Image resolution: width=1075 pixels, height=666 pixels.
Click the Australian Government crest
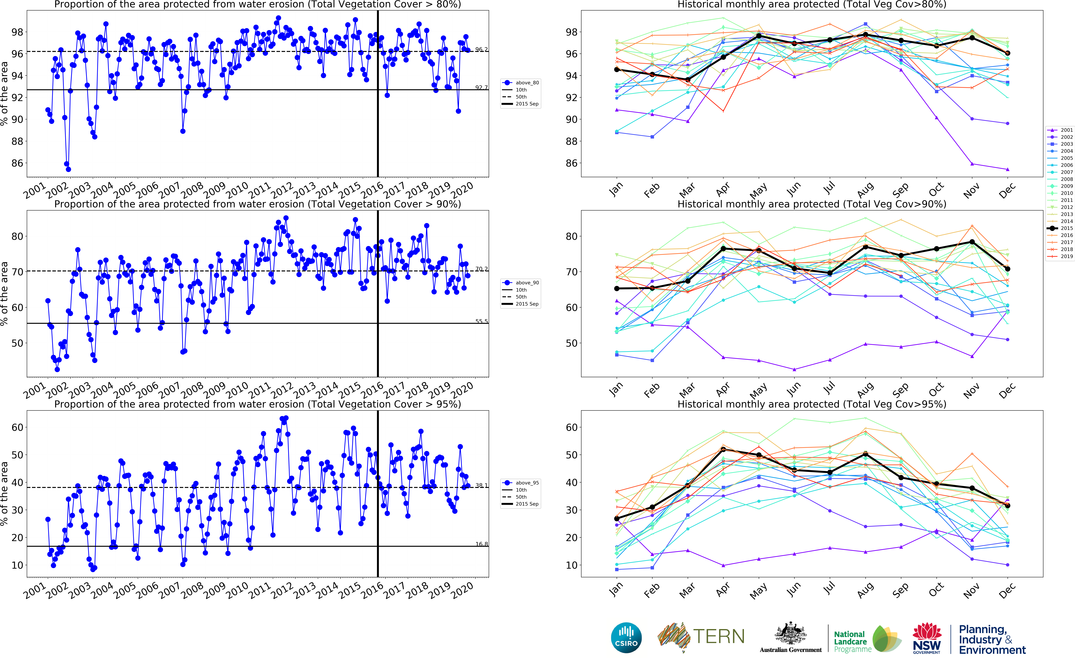point(791,634)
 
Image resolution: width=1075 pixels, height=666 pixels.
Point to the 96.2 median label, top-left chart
point(481,49)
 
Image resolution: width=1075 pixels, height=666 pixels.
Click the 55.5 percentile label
point(481,321)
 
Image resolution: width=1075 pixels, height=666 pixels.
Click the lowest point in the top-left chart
point(68,169)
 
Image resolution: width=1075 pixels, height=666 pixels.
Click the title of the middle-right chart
point(812,204)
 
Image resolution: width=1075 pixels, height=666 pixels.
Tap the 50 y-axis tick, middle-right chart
point(571,343)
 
